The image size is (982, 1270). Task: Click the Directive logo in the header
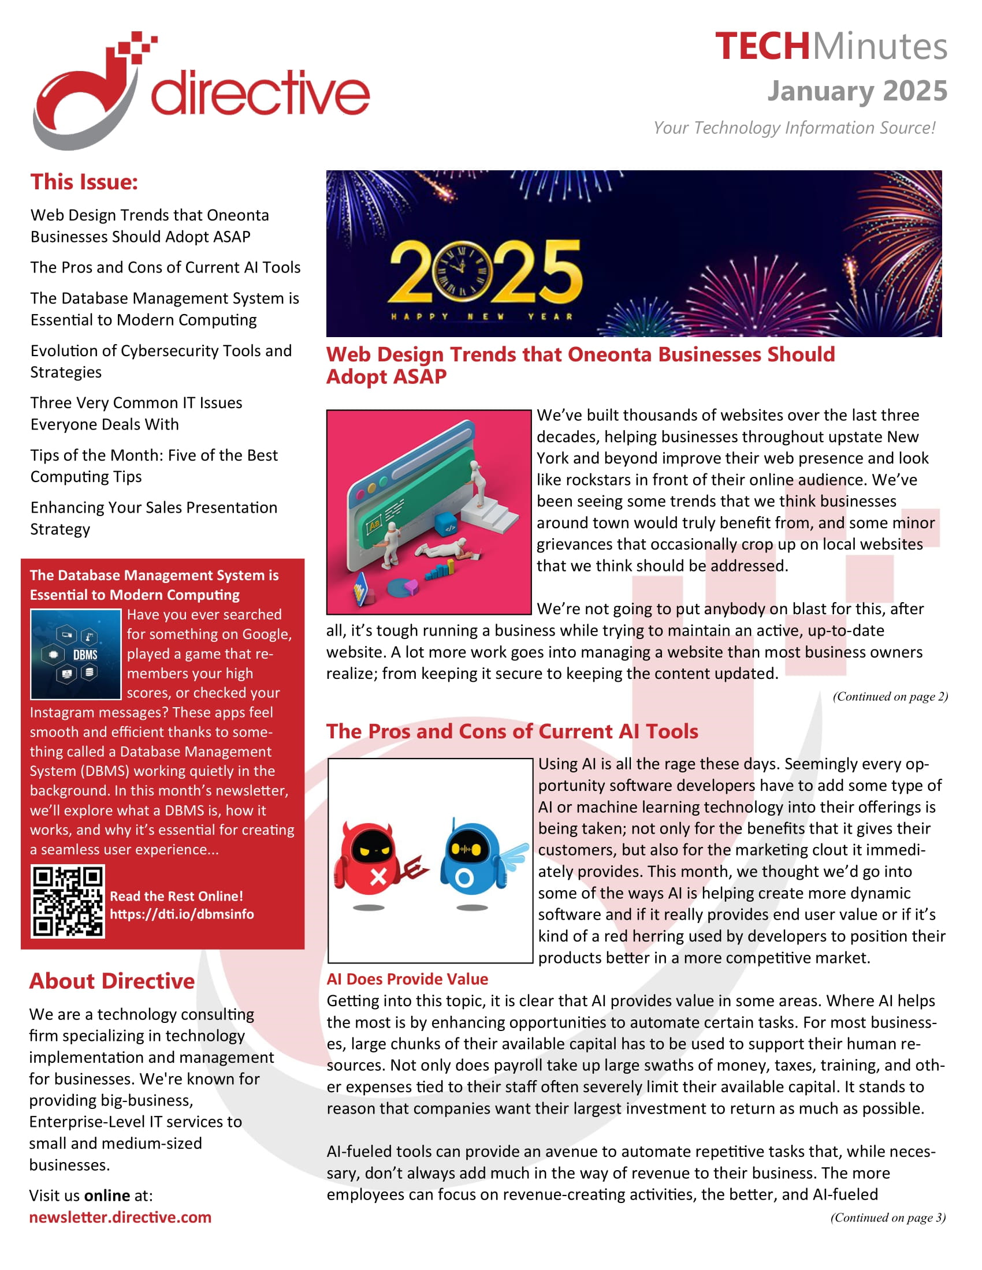(200, 90)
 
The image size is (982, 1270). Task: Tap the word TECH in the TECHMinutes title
(761, 47)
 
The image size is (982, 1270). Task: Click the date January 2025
(857, 91)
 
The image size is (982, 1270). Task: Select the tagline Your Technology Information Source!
(794, 128)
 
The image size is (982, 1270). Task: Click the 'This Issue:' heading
(84, 182)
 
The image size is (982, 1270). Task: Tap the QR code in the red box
(68, 901)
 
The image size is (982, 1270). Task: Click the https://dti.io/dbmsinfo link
(182, 914)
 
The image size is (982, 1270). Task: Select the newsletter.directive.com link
(120, 1217)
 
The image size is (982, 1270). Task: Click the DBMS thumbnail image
(76, 654)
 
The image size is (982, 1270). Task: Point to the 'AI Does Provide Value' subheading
(407, 979)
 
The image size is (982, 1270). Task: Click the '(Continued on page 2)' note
(890, 697)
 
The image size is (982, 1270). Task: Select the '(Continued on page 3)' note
(888, 1217)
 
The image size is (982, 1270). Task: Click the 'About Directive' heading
(112, 981)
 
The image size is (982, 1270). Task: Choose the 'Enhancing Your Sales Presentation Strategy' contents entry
(154, 518)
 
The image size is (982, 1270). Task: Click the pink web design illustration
(429, 512)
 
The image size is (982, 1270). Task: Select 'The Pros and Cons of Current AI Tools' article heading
(512, 731)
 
